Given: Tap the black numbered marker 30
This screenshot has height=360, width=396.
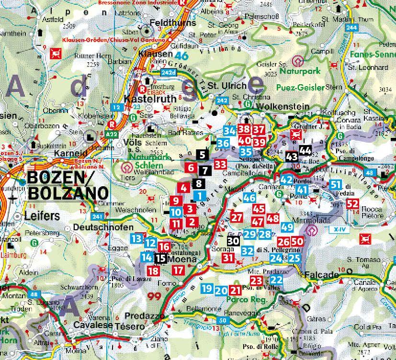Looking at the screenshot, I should pos(233,242).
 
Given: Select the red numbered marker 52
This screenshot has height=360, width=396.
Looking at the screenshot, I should pos(352,203).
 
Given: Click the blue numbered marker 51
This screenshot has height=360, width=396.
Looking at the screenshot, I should pos(336,185).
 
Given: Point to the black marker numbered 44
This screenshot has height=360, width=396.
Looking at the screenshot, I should pos(305,151).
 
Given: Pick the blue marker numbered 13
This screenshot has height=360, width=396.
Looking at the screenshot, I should pos(137,238).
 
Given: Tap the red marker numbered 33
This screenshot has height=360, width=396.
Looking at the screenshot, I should pos(220,164).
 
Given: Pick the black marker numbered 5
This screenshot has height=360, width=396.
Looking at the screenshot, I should pos(202,154).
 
